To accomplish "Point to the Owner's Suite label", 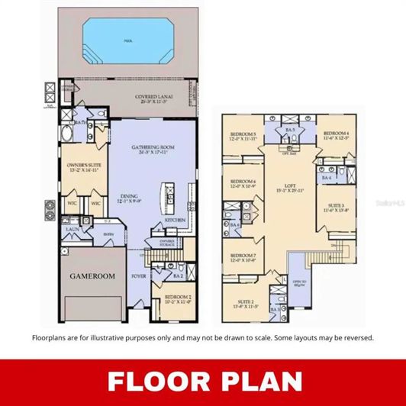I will tap(83, 167).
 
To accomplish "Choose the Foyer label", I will tap(140, 275).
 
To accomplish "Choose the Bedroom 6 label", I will tap(243, 184).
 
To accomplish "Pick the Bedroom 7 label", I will tap(243, 257).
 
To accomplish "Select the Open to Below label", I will tap(297, 280).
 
